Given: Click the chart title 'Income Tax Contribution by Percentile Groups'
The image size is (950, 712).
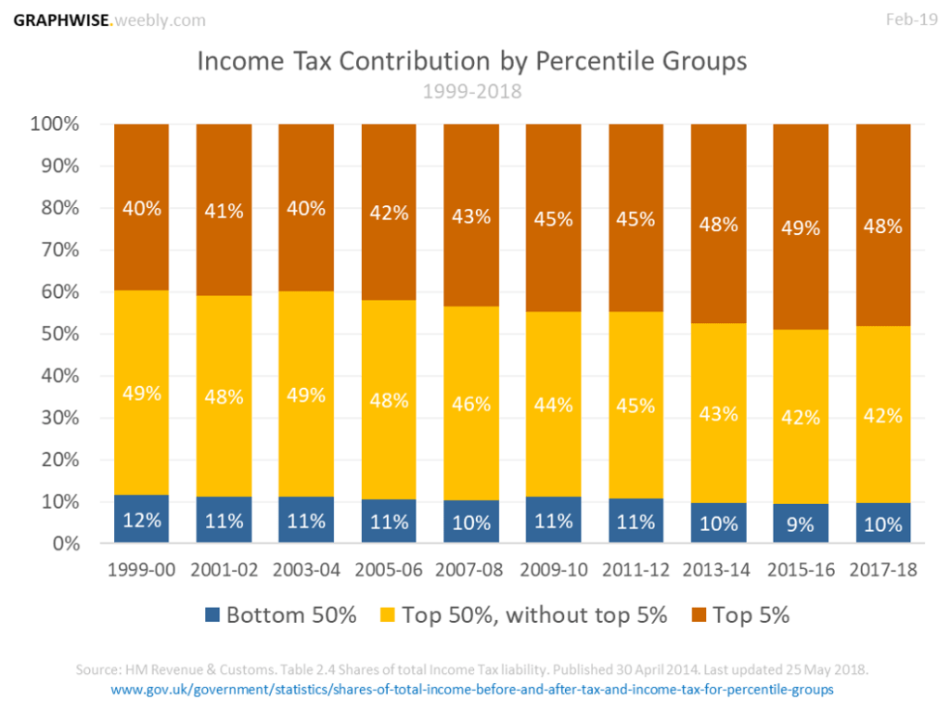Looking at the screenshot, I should point(472,62).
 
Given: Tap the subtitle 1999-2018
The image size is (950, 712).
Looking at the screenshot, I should point(472,92).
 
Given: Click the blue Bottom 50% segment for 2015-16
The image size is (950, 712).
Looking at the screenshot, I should point(800,524).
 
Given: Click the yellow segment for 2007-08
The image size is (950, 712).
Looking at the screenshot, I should point(470,403).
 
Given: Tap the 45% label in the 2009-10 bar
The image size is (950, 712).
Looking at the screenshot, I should point(553,219).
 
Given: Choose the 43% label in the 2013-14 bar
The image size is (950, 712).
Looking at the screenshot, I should point(717,414).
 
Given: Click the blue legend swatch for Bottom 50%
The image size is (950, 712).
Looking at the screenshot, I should point(212,615).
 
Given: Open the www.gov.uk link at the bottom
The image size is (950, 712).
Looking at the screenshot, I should point(472,690).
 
